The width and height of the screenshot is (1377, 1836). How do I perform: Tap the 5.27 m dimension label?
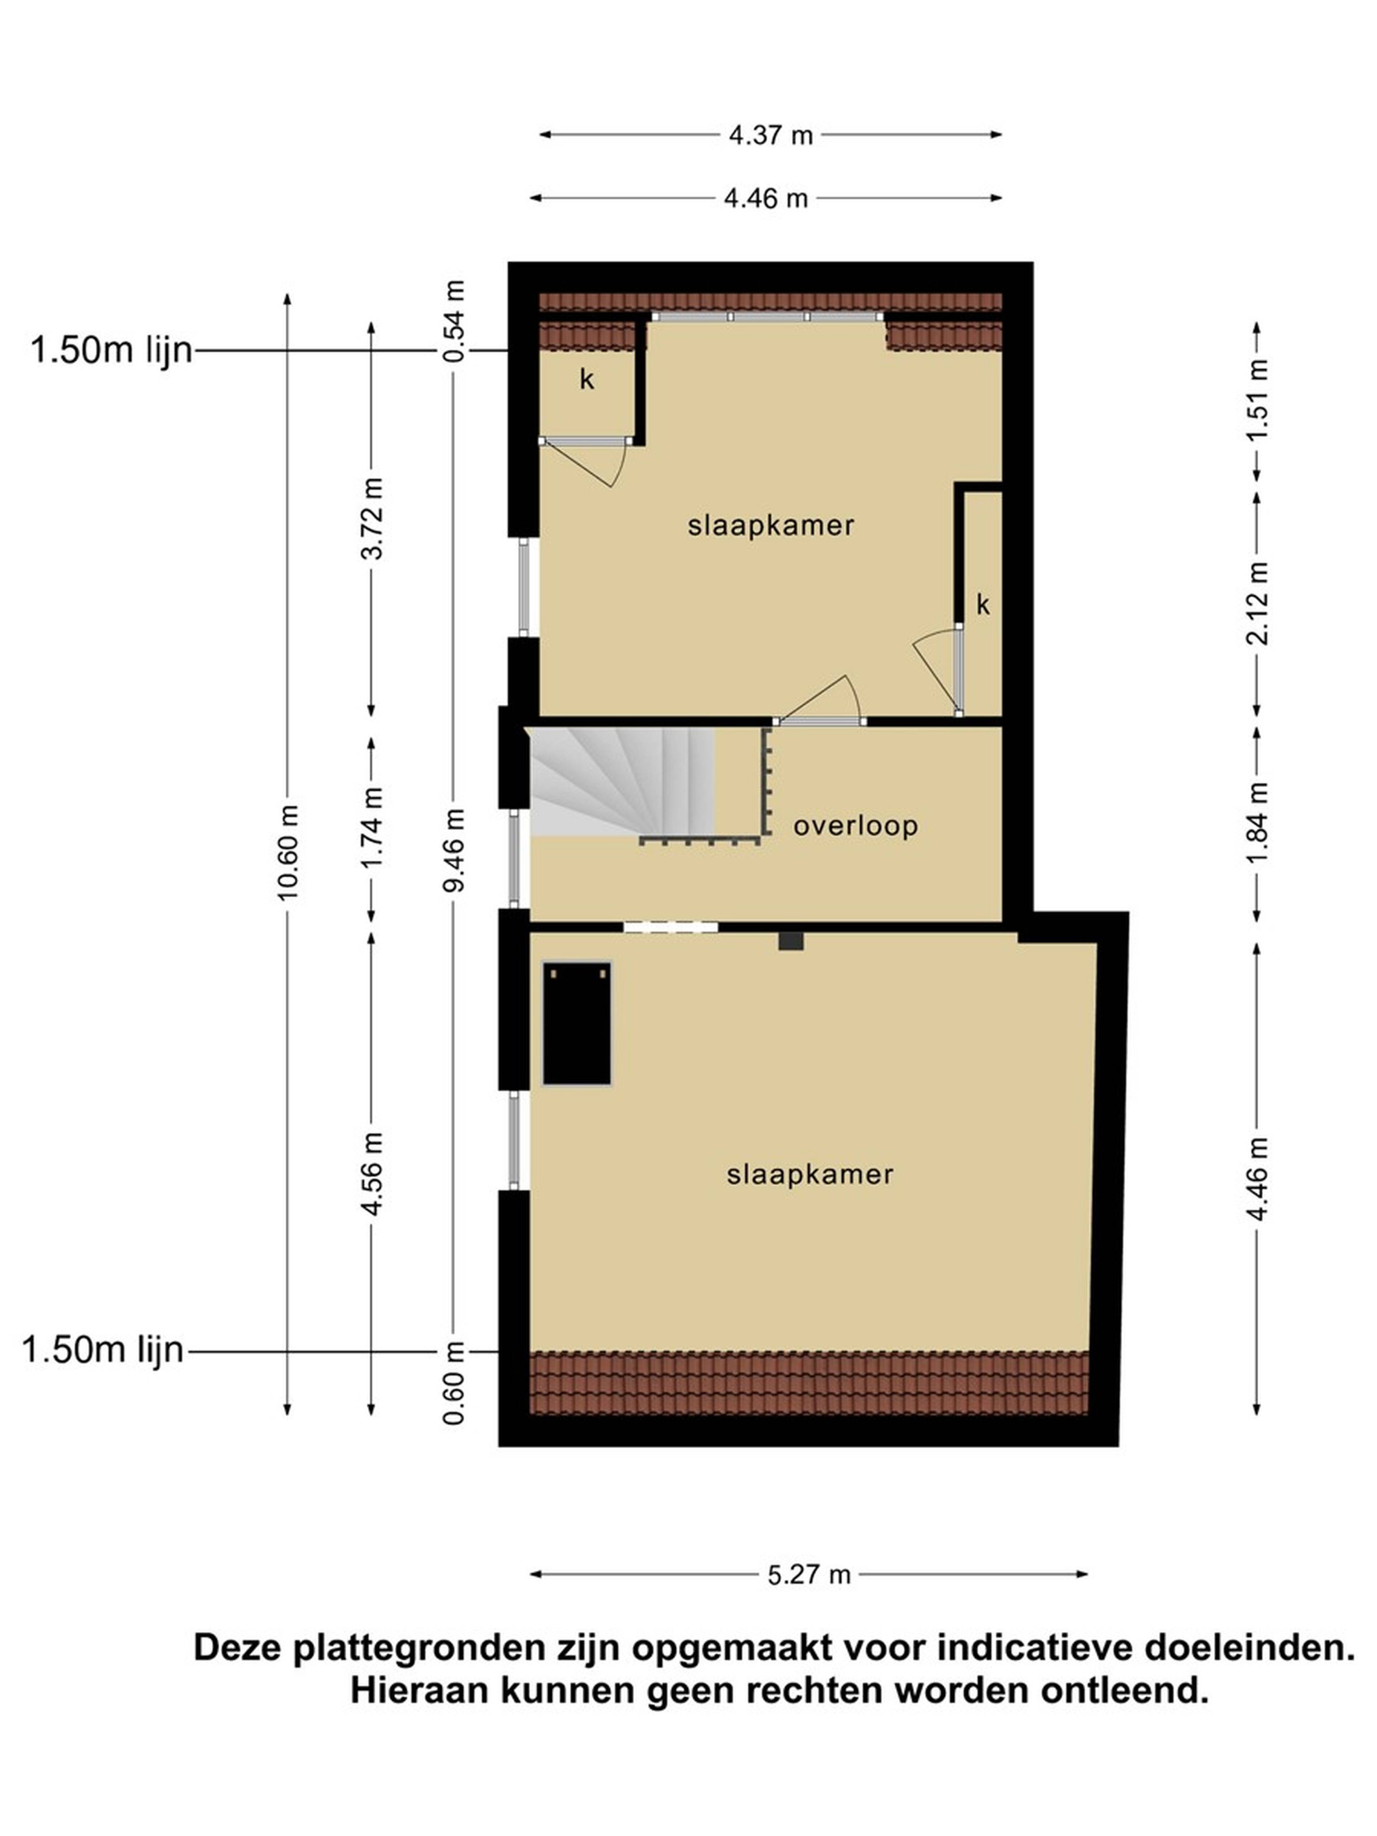[x=808, y=1575]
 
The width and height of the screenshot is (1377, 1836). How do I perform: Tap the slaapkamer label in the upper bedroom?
[x=770, y=525]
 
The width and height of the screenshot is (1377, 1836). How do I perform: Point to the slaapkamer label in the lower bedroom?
[x=809, y=1174]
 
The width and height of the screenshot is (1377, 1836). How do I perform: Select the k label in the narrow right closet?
[x=983, y=605]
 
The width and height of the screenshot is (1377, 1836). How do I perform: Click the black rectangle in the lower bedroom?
[x=577, y=1023]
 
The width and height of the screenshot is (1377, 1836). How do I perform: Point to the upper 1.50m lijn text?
[x=111, y=350]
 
